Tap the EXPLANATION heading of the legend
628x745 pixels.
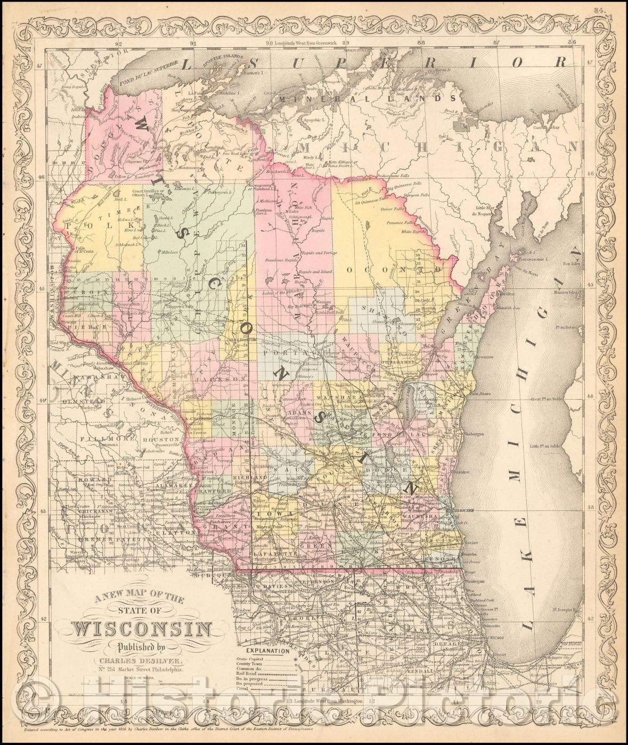tap(266, 650)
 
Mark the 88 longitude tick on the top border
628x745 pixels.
tap(422, 43)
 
